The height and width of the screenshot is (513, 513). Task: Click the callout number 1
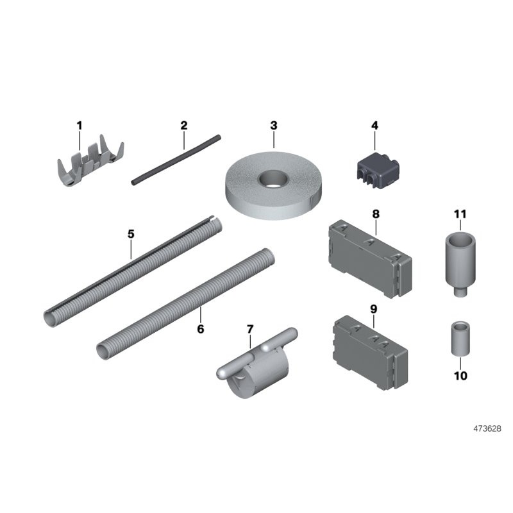coord(80,126)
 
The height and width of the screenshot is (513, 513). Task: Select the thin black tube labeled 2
coord(176,160)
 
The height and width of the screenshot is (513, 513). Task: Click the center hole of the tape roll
coord(273,180)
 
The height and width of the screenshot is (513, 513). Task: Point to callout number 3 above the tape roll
coord(274,126)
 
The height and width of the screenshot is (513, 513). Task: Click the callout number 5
coord(131,234)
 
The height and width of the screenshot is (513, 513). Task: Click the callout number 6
coord(201,329)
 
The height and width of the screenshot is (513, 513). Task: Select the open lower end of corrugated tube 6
coord(105,352)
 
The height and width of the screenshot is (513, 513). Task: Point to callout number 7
coord(250,329)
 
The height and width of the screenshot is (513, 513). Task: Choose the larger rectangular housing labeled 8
coord(370,259)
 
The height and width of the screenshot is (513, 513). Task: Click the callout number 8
coord(376,214)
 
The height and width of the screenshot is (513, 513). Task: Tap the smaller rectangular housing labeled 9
coord(371,353)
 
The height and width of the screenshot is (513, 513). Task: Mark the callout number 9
coord(374,309)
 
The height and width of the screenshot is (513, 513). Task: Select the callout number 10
coord(460,376)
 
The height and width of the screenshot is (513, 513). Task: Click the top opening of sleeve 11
coord(460,239)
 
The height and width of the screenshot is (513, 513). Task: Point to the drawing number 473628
coord(487,428)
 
